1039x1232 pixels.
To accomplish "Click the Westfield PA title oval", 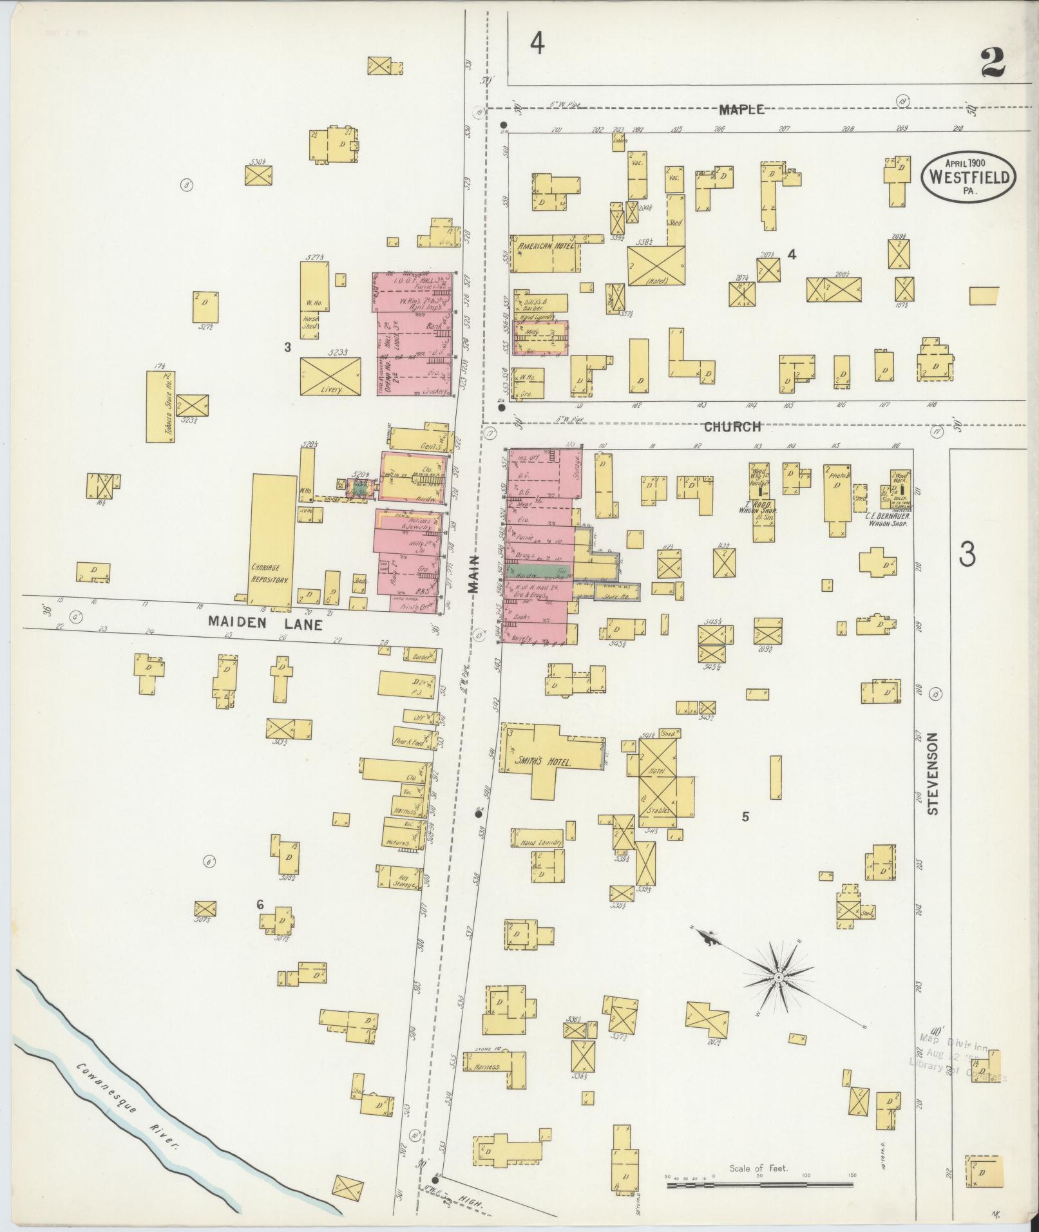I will tap(968, 175).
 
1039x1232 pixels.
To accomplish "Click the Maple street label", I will tap(741, 109).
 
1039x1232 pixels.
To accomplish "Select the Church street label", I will tap(732, 426).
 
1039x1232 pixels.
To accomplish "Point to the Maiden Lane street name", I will tap(265, 623).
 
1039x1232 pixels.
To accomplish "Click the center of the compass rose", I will tap(778, 978).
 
